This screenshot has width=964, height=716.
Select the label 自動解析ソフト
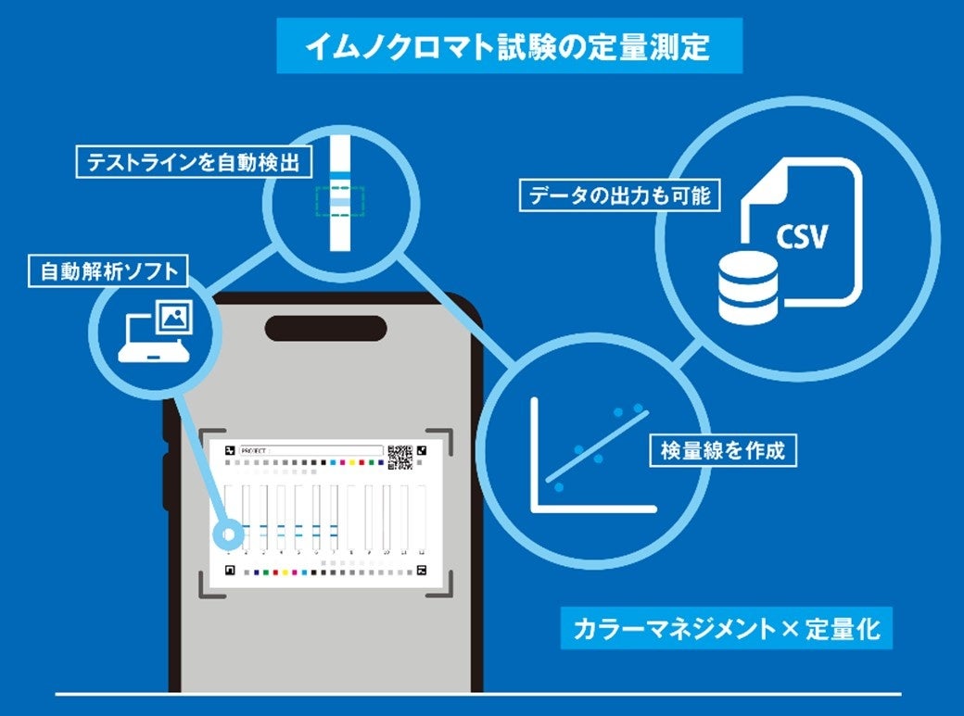pyautogui.click(x=108, y=271)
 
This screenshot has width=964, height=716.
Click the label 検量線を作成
pyautogui.click(x=723, y=451)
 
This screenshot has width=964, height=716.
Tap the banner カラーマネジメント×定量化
pyautogui.click(x=726, y=629)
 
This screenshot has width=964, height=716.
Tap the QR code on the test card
pyautogui.click(x=400, y=456)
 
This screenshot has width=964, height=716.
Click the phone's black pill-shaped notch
pyautogui.click(x=325, y=329)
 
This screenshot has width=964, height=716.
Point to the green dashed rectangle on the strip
pyautogui.click(x=339, y=201)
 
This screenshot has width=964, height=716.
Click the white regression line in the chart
pyautogui.click(x=597, y=446)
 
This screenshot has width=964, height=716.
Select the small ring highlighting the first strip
pyautogui.click(x=226, y=535)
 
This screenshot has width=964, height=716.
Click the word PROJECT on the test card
pyautogui.click(x=253, y=450)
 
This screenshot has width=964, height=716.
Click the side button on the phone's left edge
pyautogui.click(x=168, y=482)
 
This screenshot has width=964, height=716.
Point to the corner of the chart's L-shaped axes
pyautogui.click(x=535, y=508)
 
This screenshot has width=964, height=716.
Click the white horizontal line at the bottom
pyautogui.click(x=477, y=693)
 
